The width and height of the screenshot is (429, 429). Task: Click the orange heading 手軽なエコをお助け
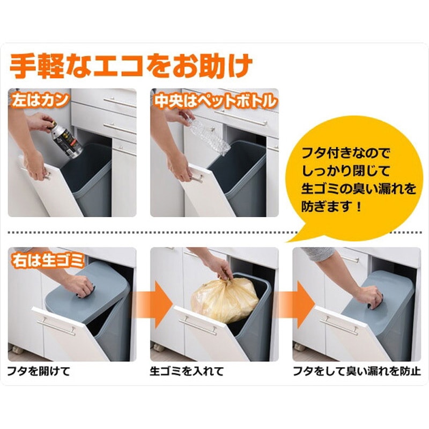(x=131, y=66)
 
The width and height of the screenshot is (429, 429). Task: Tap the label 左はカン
(x=40, y=100)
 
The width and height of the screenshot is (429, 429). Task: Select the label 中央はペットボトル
(x=215, y=101)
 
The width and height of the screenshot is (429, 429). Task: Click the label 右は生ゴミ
(x=47, y=260)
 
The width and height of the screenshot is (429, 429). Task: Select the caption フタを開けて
(x=39, y=372)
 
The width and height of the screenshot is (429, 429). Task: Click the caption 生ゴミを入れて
(x=187, y=372)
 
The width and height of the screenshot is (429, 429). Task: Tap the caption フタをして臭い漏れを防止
(x=357, y=372)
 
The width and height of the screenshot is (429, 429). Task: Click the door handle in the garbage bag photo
(x=197, y=326)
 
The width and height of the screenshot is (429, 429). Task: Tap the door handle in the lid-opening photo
(x=56, y=326)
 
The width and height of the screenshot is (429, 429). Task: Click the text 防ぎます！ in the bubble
(x=331, y=206)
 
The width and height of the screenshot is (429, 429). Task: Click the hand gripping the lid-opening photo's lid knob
(x=82, y=285)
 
